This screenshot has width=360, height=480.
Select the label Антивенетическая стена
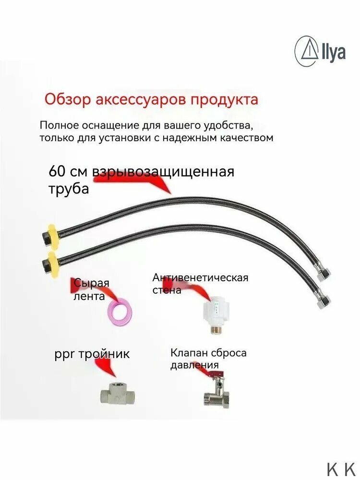pyautogui.click(x=200, y=284)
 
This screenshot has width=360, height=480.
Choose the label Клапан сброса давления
pyautogui.click(x=208, y=360)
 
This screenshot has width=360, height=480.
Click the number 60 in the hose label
pyautogui.click(x=58, y=171)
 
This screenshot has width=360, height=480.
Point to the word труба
pyautogui.click(x=69, y=189)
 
